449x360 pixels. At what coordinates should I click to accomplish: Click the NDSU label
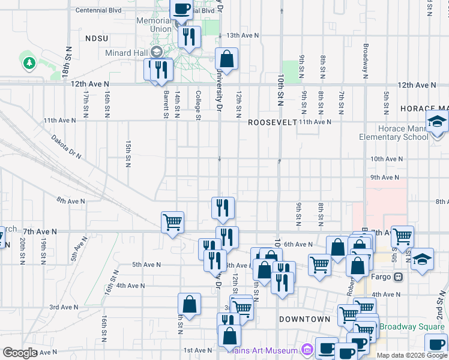96,38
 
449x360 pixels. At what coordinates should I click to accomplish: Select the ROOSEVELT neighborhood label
272,122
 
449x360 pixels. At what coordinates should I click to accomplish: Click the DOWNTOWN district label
304,319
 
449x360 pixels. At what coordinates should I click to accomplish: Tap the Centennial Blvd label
97,11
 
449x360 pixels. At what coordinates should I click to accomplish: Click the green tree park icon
28,62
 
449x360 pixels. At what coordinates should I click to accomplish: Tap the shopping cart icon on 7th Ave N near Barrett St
172,222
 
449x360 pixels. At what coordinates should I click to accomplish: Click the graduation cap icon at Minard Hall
158,52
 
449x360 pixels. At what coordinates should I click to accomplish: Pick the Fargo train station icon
397,277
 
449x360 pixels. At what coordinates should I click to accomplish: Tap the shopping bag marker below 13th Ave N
227,59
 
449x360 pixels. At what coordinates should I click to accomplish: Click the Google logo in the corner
20,353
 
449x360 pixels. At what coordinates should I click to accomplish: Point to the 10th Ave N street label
385,159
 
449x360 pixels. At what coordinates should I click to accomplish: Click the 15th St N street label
128,155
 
